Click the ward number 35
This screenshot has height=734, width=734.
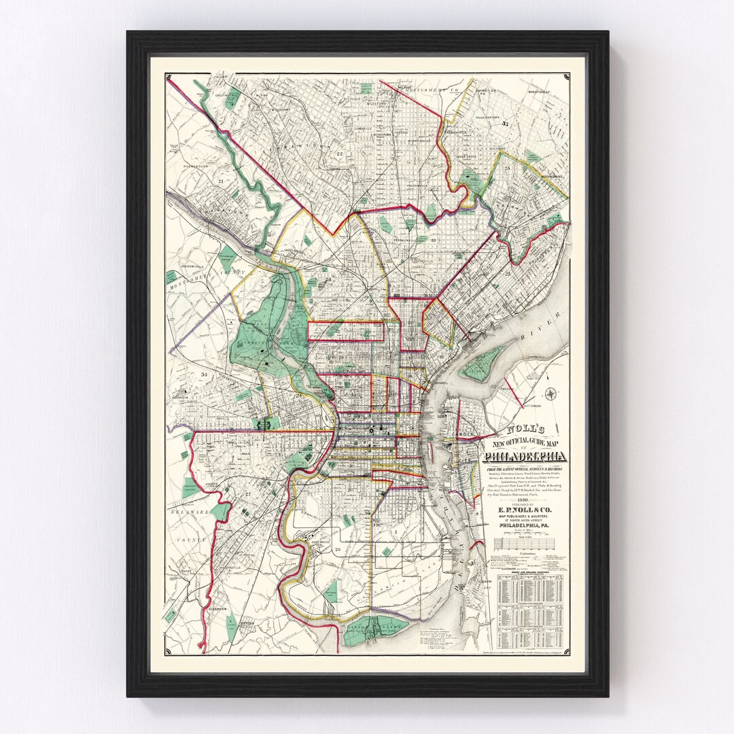pos(505,124)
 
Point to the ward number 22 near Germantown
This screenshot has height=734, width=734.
pos(339,154)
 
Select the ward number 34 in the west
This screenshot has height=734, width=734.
pos(203,374)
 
